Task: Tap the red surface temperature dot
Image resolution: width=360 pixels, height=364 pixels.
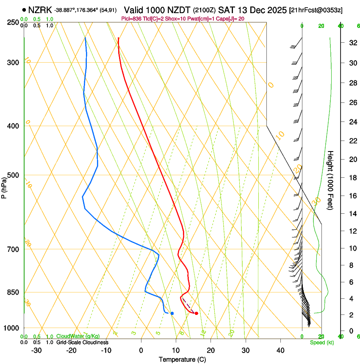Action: (x=196, y=313)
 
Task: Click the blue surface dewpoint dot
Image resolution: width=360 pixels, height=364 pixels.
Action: (x=172, y=313)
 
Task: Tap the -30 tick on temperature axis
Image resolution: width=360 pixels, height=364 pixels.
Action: (x=36, y=350)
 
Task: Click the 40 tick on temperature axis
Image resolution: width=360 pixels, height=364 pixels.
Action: (x=280, y=350)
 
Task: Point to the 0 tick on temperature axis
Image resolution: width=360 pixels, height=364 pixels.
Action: (x=141, y=350)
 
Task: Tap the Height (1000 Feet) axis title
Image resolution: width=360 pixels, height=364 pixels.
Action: (x=331, y=180)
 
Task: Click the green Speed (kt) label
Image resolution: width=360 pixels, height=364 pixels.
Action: (x=321, y=342)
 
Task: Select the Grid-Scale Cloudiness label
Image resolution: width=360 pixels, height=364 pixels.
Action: (x=82, y=342)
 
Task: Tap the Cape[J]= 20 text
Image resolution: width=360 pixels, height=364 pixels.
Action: (x=231, y=18)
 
